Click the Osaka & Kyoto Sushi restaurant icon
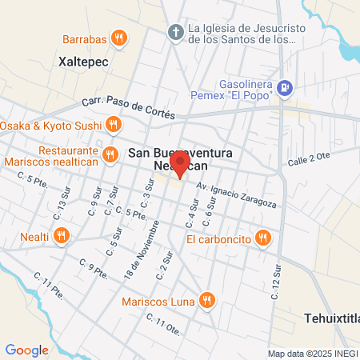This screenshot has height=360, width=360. click(112, 125)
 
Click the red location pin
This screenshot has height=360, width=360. click(180, 166)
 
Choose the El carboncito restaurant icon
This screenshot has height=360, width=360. click(262, 238)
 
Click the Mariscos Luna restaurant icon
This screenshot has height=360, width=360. click(207, 301)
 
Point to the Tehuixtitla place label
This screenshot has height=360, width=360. click(331, 318)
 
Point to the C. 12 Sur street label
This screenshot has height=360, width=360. click(274, 282)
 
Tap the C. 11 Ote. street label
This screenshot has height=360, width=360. click(163, 323)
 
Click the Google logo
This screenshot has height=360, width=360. click(27, 350)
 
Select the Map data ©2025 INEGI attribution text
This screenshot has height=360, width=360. click(312, 354)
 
